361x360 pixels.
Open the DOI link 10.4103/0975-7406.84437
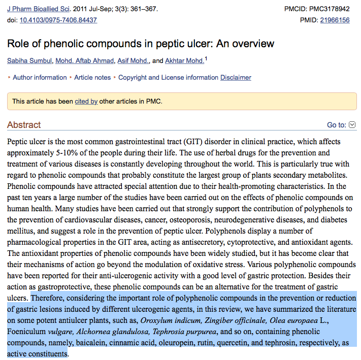(x=58, y=20)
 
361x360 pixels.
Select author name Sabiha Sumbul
(x=29, y=61)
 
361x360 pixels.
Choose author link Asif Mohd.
(x=133, y=61)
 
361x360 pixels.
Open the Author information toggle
(x=40, y=78)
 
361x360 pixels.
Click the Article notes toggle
(x=92, y=78)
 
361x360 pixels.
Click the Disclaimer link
(x=236, y=78)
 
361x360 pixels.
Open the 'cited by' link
(x=86, y=102)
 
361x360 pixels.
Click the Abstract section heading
(x=24, y=125)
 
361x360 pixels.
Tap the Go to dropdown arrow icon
(x=352, y=125)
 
